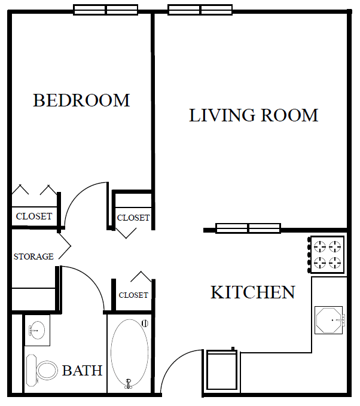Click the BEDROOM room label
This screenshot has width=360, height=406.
[x=81, y=100]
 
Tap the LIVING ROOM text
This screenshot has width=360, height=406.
[x=254, y=115]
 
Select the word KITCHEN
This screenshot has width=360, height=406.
[x=252, y=292]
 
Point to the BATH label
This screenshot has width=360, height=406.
[x=82, y=371]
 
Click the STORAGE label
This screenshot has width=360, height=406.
[x=33, y=257]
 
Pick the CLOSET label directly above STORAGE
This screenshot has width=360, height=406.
[x=33, y=216]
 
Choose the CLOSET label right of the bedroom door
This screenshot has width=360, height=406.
[x=133, y=218]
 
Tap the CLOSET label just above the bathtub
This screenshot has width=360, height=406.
[x=133, y=295]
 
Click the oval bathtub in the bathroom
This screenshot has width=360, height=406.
[x=130, y=353]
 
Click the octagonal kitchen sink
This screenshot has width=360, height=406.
[x=329, y=320]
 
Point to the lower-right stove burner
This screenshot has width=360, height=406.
[x=336, y=262]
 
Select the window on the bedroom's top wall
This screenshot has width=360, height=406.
[x=106, y=10]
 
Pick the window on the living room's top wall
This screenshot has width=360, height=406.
[x=200, y=10]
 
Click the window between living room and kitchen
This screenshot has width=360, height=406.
[x=248, y=228]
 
